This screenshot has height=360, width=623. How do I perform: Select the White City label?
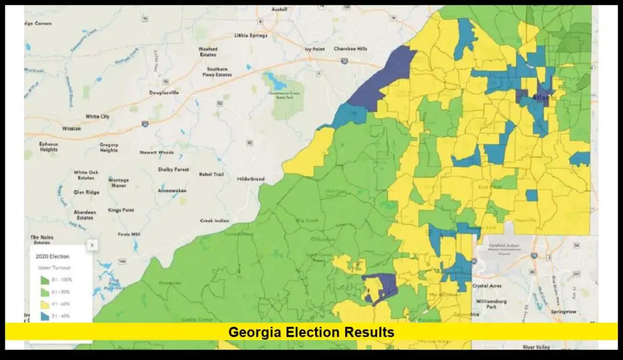click(x=97, y=117)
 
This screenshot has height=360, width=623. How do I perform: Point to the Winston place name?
click(x=72, y=128)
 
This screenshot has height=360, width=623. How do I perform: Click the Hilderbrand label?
click(x=251, y=179)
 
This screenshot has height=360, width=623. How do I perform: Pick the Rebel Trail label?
click(x=211, y=174)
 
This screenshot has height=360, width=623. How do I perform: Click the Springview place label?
click(x=564, y=312)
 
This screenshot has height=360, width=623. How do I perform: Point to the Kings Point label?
click(x=121, y=210)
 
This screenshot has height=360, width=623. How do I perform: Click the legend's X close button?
click(x=92, y=246)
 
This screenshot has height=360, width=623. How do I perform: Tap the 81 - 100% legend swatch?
click(x=43, y=279)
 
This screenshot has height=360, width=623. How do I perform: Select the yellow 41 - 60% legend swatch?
click(x=43, y=303)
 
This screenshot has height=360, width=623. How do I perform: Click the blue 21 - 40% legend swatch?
click(x=43, y=316)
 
